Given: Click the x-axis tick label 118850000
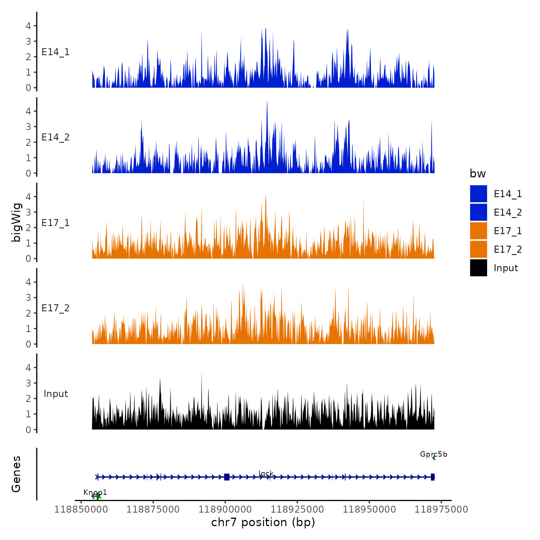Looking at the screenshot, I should pos(81,510).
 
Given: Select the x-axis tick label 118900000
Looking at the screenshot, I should pos(225,510).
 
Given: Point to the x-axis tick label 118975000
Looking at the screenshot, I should pos(441,510).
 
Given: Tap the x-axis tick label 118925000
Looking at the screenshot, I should pos(297,510).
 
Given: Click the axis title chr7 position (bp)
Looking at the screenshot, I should pos(263,523).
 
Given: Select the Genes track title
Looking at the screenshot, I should pos(17,474).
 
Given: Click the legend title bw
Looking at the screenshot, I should pos(478,174).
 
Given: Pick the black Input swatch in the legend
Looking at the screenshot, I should pos(478,268).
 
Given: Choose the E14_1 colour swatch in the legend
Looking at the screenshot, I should pos(478,194).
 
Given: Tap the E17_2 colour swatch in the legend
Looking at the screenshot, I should pos(478,249).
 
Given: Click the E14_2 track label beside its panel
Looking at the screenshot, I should pos(56,137).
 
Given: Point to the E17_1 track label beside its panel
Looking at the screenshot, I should pos(56,223).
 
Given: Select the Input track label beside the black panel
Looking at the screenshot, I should pos(56,394).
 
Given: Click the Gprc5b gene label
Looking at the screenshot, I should pos(434,454).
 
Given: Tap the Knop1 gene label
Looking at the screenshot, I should pos(95,493).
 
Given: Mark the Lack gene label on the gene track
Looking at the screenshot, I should pos(266,474).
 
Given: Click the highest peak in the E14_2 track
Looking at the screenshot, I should pos(267,102).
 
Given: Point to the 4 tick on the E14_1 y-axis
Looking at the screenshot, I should pos(28,26).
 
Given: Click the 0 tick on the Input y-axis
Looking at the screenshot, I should pos(28,430).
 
